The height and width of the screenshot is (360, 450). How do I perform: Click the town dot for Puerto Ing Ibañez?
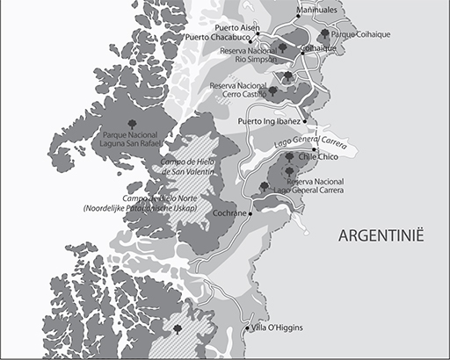tap(305, 121)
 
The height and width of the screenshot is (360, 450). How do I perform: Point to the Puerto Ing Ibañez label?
tap(270, 121)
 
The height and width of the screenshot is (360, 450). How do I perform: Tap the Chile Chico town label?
tap(320, 155)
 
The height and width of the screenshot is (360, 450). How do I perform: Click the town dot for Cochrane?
tap(250, 213)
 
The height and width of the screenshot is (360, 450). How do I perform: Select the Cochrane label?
tap(229, 213)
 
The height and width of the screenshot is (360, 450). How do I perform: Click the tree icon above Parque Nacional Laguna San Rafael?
tap(132, 124)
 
